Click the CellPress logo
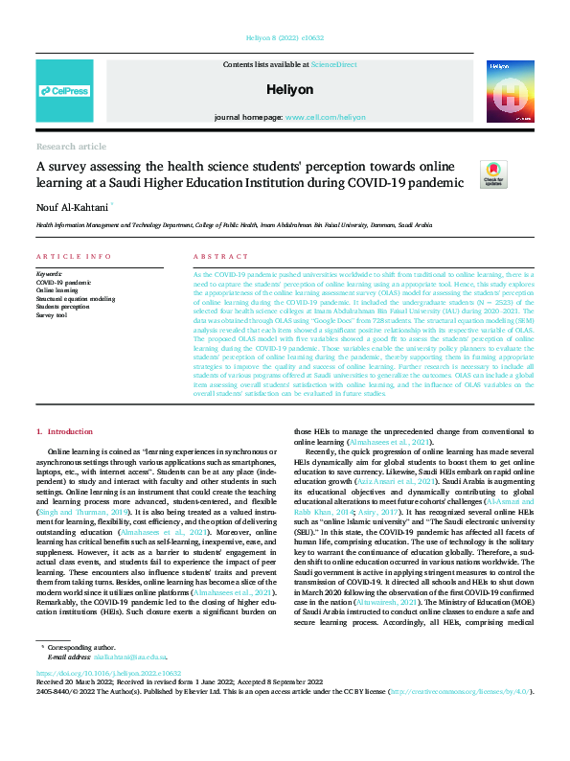[65, 92]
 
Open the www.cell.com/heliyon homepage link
[324, 116]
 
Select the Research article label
[71, 146]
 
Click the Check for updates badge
[493, 173]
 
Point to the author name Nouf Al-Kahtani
[74, 205]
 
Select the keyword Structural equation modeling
[75, 299]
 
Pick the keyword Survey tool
[53, 314]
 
